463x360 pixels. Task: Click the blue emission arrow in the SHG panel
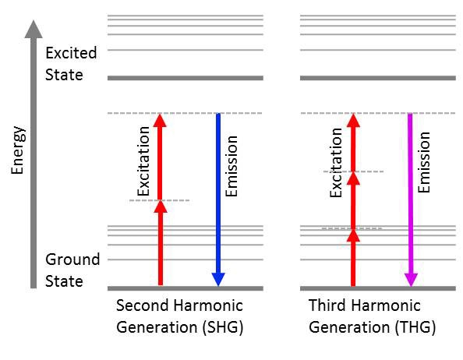tap(218, 199)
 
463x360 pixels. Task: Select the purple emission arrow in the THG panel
tap(411, 199)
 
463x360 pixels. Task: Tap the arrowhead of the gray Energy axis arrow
tap(34, 29)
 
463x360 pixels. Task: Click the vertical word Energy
tap(18, 150)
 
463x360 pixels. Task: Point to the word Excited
tap(71, 53)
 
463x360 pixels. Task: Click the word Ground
tap(72, 259)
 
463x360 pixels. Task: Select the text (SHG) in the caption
tap(223, 327)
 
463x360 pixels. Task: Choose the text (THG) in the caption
tap(415, 327)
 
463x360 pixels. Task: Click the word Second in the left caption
tap(143, 305)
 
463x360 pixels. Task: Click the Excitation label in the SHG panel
tap(144, 161)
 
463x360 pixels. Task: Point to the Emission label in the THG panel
tap(424, 162)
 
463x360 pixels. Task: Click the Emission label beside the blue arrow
tap(231, 166)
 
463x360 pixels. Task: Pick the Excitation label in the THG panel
tap(336, 163)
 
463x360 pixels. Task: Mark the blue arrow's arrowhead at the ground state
tap(218, 280)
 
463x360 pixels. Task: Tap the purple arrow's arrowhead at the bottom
tap(411, 280)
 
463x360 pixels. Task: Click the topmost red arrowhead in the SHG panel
tap(160, 121)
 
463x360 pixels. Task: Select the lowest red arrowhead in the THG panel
tap(353, 235)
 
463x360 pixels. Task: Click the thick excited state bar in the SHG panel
tap(186, 78)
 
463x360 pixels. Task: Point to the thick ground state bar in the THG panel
tap(378, 288)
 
